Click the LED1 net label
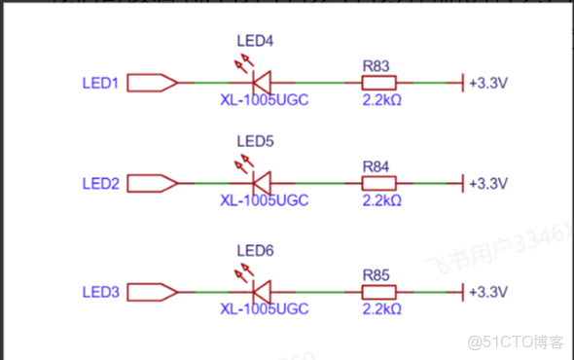(100, 84)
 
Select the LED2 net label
(100, 183)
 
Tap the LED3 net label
(100, 292)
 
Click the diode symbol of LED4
(260, 84)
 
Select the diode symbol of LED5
(260, 183)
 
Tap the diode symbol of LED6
(260, 292)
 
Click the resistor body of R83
(377, 84)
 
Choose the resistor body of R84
(377, 183)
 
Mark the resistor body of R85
(377, 292)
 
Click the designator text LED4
(256, 41)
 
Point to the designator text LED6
(256, 251)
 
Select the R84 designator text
(376, 166)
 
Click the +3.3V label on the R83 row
(488, 84)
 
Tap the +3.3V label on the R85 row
(488, 292)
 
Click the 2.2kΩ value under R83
(381, 100)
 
